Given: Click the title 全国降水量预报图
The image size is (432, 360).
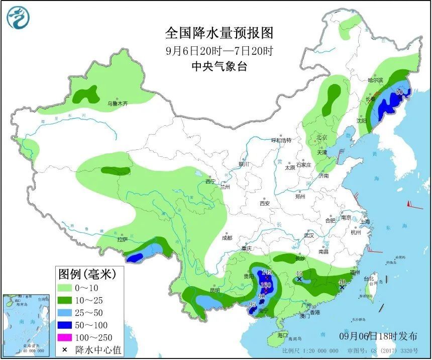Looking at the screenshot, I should [220, 33].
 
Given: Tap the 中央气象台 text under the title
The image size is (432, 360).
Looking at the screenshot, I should [220, 66].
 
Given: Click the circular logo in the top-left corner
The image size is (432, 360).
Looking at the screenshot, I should [18, 18].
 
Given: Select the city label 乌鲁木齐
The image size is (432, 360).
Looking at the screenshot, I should [118, 104].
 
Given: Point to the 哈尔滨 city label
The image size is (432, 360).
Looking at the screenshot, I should [375, 80].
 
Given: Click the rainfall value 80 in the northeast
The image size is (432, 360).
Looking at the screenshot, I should [399, 92].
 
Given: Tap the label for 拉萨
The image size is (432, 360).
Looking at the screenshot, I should [123, 240].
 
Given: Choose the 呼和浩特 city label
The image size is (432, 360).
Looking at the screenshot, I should [281, 140].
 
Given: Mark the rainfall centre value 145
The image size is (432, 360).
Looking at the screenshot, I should [267, 272].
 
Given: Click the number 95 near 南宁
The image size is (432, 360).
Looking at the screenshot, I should [253, 304].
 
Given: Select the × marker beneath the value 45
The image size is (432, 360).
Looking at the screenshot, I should [299, 279].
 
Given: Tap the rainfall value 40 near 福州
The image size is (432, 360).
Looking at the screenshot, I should [342, 282].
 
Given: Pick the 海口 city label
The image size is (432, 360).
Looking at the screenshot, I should [282, 335].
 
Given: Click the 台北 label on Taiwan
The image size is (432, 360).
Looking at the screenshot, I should [369, 278].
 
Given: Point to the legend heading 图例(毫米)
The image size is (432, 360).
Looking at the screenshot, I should [87, 275].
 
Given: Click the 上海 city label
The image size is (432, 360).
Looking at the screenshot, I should [365, 221].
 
